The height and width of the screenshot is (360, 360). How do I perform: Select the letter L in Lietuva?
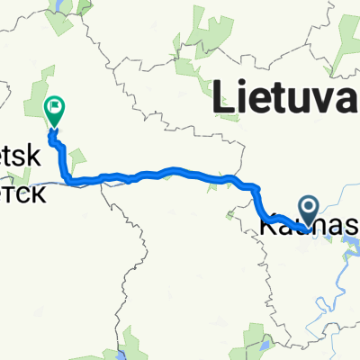point(229,95)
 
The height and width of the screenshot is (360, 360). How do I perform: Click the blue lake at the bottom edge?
point(263,346)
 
